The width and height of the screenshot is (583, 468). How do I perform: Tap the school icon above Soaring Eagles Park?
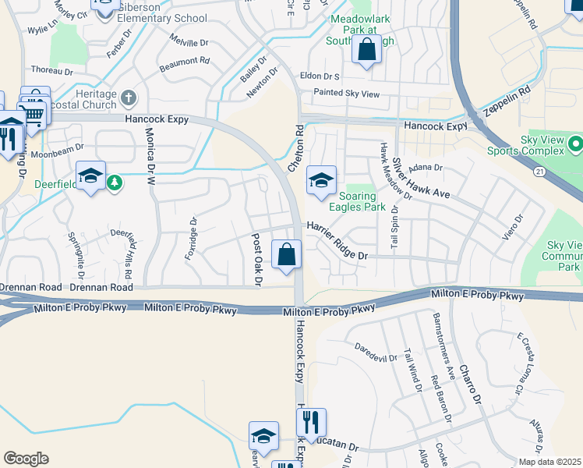pyautogui.click(x=320, y=181)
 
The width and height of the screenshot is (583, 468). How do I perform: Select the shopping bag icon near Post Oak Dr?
pyautogui.click(x=287, y=254)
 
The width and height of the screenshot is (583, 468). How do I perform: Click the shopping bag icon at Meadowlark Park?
pyautogui.click(x=366, y=51)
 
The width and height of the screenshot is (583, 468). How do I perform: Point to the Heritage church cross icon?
pyautogui.click(x=129, y=98)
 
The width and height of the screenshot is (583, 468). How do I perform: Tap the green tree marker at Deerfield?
pyautogui.click(x=115, y=182)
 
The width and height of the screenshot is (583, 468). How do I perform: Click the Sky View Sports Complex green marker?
pyautogui.click(x=575, y=144)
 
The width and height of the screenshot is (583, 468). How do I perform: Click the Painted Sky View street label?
pyautogui.click(x=346, y=94)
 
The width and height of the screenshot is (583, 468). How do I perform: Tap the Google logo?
pyautogui.click(x=25, y=459)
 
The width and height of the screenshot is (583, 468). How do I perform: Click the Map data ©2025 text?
pyautogui.click(x=549, y=462)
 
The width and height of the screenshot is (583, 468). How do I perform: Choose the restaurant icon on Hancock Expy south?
pyautogui.click(x=311, y=423)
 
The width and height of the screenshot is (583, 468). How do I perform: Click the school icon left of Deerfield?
pyautogui.click(x=90, y=176)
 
